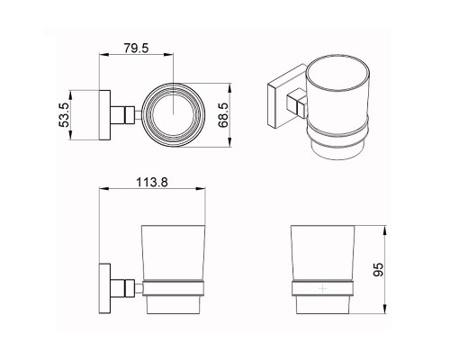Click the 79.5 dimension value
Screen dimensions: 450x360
tap(136, 49)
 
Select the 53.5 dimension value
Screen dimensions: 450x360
tap(64, 115)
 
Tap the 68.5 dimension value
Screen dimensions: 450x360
tap(223, 115)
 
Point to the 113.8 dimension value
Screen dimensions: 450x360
tap(152, 182)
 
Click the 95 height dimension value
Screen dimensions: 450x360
tap(378, 270)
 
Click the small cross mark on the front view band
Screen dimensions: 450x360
tap(322, 289)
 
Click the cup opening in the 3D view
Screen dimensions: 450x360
tap(337, 73)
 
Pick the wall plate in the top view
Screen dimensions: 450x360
tap(104, 115)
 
